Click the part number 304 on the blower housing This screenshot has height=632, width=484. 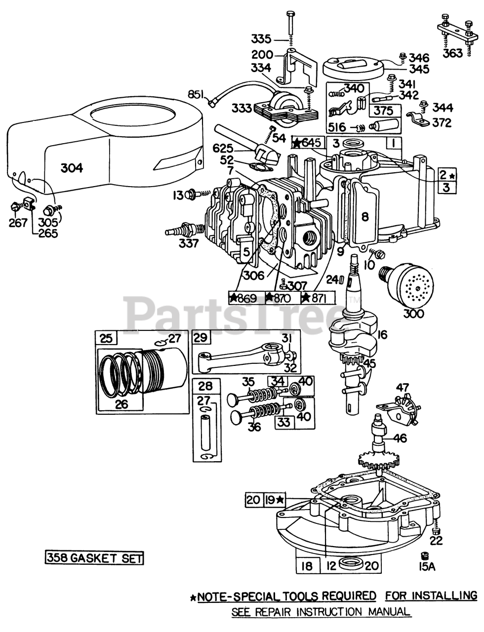(72, 168)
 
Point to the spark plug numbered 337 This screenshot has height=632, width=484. (184, 230)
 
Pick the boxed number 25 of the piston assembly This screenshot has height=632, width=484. (106, 339)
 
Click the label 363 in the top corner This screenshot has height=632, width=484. (452, 53)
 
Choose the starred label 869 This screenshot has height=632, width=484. (246, 298)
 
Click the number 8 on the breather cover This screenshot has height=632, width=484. (365, 217)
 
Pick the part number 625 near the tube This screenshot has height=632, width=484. (223, 149)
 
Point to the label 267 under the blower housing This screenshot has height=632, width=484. (18, 223)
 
